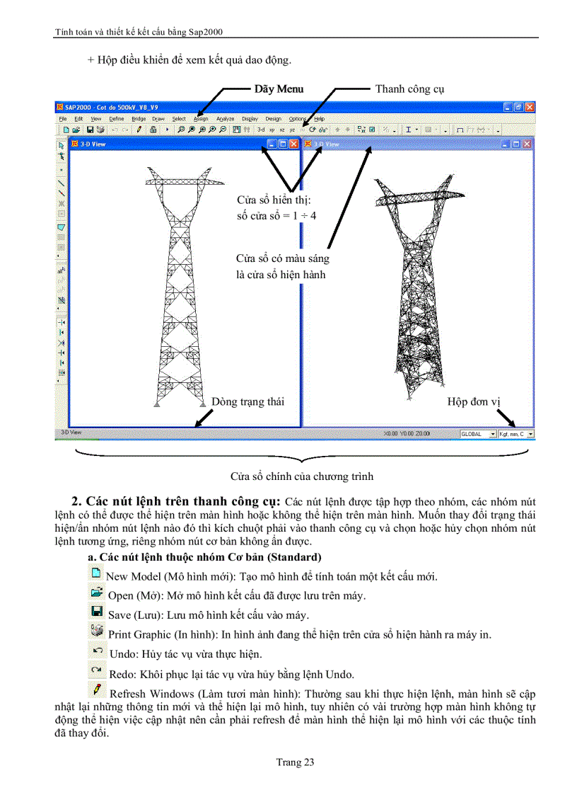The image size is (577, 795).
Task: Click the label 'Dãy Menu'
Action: (x=279, y=89)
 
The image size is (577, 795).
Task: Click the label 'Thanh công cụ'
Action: (x=409, y=89)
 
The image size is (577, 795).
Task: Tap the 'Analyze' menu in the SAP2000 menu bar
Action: (x=225, y=119)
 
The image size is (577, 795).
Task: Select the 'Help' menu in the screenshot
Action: (x=319, y=119)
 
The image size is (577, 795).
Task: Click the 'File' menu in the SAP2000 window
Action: (x=63, y=119)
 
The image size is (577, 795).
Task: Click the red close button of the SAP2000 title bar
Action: (x=530, y=107)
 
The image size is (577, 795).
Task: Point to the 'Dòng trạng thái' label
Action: (x=247, y=402)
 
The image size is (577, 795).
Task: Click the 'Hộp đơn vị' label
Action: (x=473, y=402)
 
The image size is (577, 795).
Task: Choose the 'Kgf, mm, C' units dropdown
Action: (x=515, y=434)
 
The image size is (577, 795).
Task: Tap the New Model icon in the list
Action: (x=97, y=574)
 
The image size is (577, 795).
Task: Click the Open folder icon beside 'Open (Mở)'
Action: (x=97, y=593)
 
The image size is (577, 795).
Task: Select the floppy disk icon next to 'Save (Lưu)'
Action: (x=97, y=612)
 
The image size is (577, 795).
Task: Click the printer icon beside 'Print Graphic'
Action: (x=97, y=632)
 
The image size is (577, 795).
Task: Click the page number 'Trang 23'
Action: (x=295, y=762)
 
